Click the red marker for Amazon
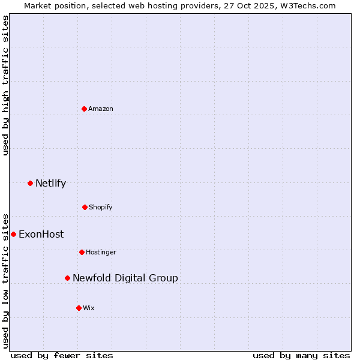(x=84, y=109)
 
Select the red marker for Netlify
(x=30, y=183)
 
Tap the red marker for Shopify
(x=85, y=207)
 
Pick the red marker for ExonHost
(x=13, y=234)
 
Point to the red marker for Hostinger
(x=82, y=252)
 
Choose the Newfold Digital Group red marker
(x=67, y=278)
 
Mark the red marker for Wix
(x=79, y=308)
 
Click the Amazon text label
(x=101, y=109)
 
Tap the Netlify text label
(x=50, y=184)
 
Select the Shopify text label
(x=101, y=207)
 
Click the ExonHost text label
(x=41, y=235)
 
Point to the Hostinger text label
(x=101, y=252)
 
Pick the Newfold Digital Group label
(x=125, y=278)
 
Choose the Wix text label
(x=89, y=308)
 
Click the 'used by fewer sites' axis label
(x=62, y=355)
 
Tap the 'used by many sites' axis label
(x=301, y=355)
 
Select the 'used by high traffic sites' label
(x=5, y=85)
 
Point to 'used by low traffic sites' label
(x=5, y=280)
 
